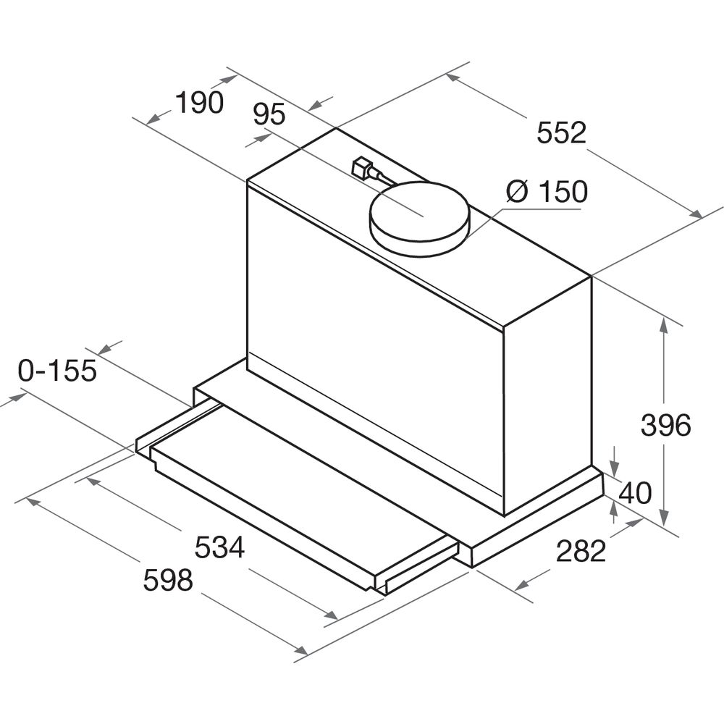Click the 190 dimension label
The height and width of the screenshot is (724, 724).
200,102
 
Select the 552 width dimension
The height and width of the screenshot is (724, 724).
562,132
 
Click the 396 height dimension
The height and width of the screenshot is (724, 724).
666,425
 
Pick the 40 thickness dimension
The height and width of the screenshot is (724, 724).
635,492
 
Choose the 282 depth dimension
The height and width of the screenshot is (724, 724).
581,551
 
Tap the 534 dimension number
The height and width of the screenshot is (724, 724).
219,547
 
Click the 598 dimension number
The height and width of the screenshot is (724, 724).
168,580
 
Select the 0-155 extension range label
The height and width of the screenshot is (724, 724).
57,370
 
